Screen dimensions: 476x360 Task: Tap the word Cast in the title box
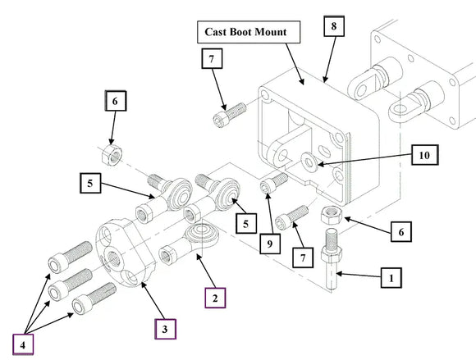216,32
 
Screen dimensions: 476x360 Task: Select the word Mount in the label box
271,32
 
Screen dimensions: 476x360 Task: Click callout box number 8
334,26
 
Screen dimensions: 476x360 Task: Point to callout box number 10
424,155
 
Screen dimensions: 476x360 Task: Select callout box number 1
391,277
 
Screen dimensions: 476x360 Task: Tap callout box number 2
215,298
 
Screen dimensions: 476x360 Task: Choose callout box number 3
165,329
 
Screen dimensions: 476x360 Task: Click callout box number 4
23,344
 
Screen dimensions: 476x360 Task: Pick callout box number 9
270,244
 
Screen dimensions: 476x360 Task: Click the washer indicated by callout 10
309,160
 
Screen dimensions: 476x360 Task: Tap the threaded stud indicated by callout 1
332,258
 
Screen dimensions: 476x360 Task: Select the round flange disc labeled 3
126,253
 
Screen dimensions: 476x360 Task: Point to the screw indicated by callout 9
273,183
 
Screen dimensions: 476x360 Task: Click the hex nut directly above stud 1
332,215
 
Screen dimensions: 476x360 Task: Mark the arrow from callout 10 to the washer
365,160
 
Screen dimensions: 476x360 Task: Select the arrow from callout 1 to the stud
359,275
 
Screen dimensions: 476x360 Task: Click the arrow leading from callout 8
330,59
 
